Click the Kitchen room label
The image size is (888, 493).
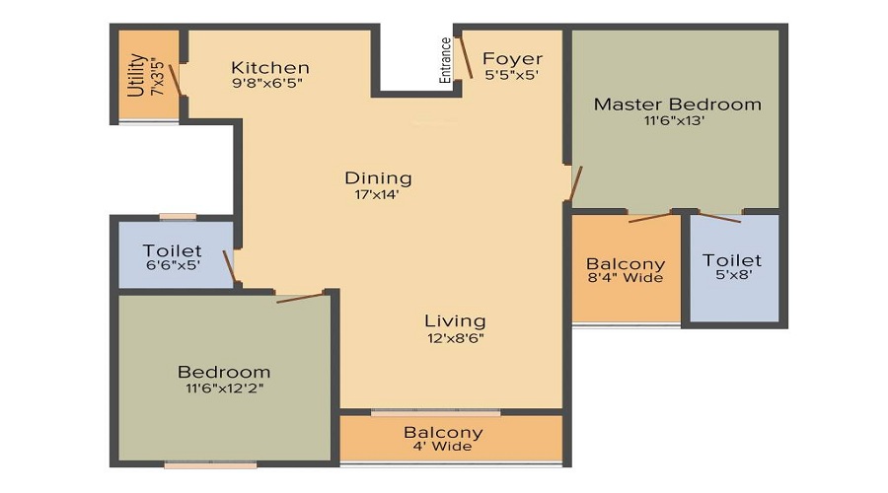270,67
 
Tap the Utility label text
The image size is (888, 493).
137,75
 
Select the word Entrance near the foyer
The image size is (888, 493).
446,59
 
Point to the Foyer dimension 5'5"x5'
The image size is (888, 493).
511,75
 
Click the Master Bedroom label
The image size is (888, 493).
677,104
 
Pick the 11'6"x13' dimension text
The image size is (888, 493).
677,121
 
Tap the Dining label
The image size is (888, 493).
378,177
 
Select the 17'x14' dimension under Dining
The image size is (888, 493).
378,194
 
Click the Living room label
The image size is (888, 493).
455,320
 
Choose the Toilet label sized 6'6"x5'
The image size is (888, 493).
172,251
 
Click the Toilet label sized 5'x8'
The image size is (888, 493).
732,260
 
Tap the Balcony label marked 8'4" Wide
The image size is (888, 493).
626,264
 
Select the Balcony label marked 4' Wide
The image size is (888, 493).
443,432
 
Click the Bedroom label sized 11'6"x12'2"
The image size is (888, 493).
224,372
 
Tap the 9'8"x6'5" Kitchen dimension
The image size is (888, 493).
265,84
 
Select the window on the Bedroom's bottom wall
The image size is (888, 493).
210,464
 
